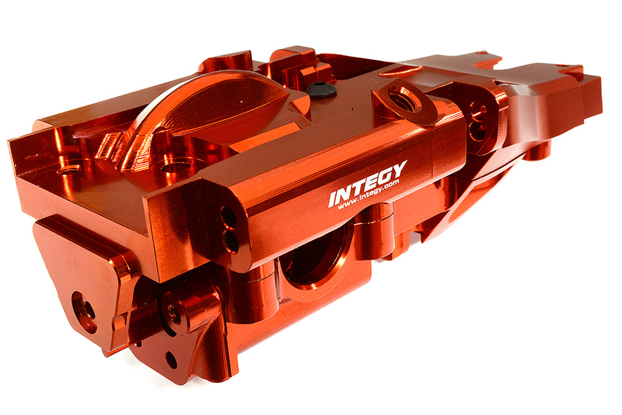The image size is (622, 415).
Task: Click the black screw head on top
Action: coord(321,89)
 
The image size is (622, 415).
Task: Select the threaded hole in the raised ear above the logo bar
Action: coord(403,98)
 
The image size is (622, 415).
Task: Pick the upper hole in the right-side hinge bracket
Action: coord(477,112)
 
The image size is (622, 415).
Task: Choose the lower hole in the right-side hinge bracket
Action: coord(477,131)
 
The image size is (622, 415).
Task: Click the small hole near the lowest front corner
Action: coord(170,360)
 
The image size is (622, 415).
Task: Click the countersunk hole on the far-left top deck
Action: coord(69,169)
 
